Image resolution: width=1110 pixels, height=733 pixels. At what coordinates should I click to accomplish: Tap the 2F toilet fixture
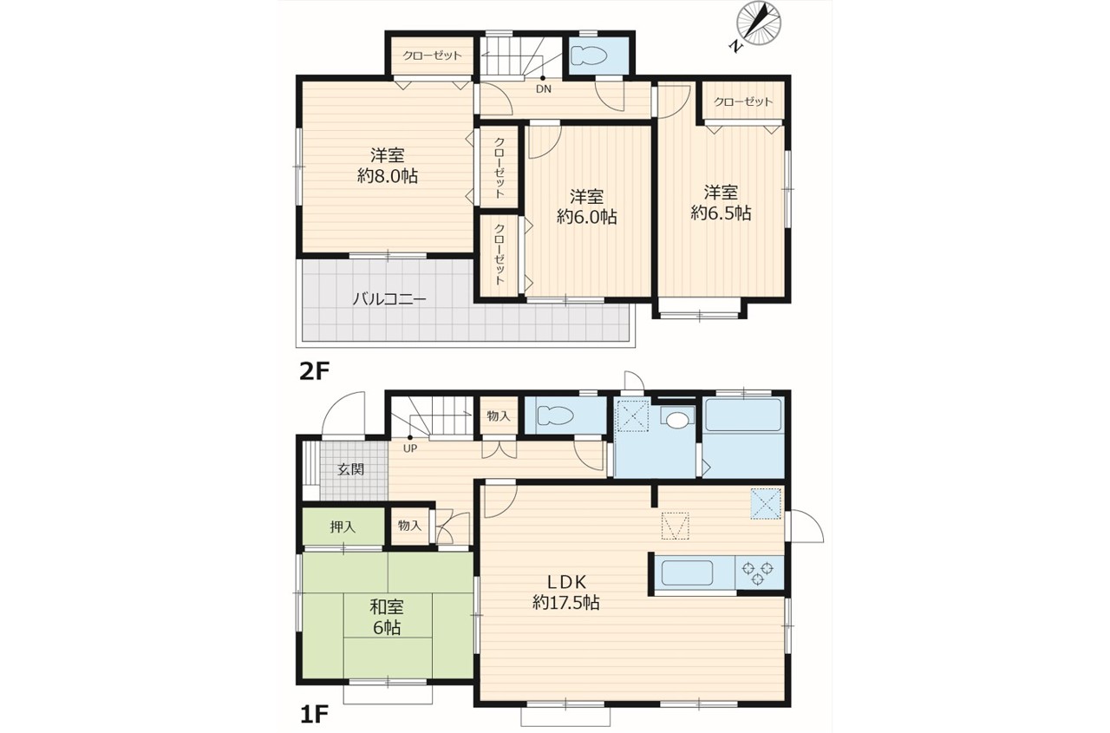589,56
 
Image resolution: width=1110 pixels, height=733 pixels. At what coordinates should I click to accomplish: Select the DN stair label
544,89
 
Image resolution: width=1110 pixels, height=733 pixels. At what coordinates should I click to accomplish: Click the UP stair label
410,448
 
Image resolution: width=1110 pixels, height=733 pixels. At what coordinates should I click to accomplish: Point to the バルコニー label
389,299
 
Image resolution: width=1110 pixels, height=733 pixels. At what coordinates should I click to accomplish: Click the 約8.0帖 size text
388,176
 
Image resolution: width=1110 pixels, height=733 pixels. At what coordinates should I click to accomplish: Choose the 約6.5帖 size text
721,213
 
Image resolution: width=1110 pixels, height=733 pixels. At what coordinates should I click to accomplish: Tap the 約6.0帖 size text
587,217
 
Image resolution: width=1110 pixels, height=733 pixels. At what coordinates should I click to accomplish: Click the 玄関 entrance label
351,469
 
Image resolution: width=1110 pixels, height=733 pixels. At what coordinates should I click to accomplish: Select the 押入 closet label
343,527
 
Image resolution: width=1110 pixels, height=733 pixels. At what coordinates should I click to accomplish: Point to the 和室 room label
387,606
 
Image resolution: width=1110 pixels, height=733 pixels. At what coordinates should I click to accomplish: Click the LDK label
567,581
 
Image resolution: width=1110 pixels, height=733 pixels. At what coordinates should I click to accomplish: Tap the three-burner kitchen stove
758,573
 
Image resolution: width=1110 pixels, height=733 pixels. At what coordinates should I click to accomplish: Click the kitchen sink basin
688,573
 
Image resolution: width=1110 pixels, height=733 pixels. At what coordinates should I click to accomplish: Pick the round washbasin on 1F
677,420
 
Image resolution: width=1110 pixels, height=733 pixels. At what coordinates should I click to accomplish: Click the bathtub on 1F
743,416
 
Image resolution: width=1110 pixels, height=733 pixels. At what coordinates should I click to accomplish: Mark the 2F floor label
315,371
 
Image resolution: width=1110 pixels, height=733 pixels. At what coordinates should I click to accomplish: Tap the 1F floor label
314,714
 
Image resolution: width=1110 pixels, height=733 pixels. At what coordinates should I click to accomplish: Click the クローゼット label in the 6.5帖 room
743,101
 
